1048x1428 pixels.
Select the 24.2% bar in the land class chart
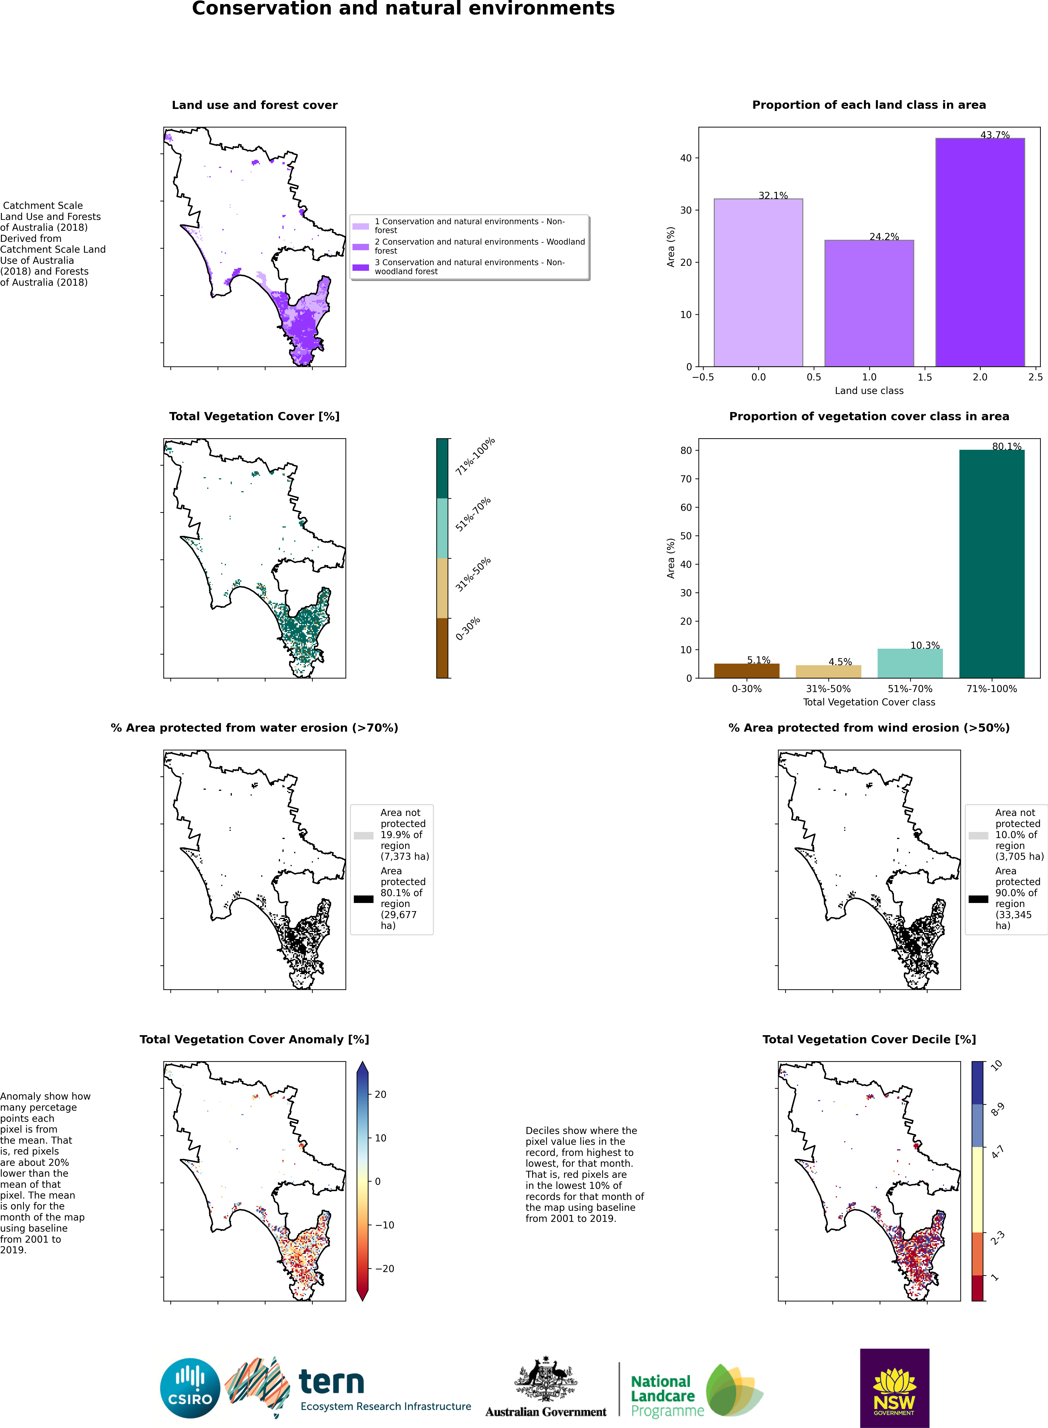(869, 303)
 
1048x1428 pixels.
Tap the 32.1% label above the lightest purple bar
(773, 195)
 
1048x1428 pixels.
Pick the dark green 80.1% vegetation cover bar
(992, 564)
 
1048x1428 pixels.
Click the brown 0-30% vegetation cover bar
(747, 671)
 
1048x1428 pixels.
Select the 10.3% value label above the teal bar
(925, 645)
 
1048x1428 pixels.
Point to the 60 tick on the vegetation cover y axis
(686, 507)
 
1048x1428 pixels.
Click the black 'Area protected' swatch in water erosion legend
(364, 899)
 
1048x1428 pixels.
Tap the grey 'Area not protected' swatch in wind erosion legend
(978, 835)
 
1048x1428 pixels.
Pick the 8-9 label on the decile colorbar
(997, 1110)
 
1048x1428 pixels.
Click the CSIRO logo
(190, 1388)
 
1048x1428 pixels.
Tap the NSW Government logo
(895, 1388)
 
